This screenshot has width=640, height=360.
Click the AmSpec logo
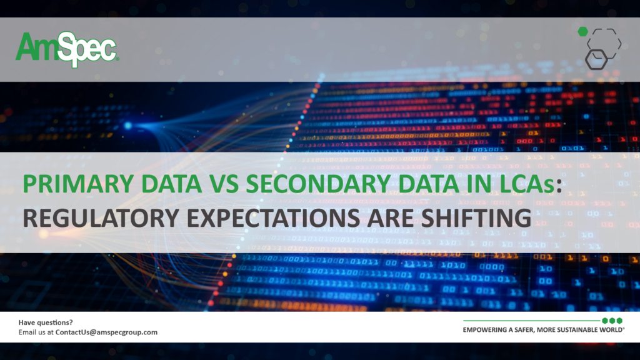pyautogui.click(x=67, y=49)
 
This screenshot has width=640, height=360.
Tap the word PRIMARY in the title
pyautogui.click(x=78, y=184)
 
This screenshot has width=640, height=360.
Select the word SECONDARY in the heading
pyautogui.click(x=318, y=184)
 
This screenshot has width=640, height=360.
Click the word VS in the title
pyautogui.click(x=224, y=184)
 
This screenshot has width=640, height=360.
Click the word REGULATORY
pyautogui.click(x=101, y=217)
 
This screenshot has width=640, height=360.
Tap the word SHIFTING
pyautogui.click(x=476, y=217)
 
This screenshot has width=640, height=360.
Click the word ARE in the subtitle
pyautogui.click(x=390, y=217)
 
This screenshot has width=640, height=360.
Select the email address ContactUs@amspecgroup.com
pyautogui.click(x=106, y=332)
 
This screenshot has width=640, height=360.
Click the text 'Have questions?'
pyautogui.click(x=45, y=322)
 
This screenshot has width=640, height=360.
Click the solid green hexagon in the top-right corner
pyautogui.click(x=583, y=31)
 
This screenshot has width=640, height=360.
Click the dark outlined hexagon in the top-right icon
pyautogui.click(x=596, y=59)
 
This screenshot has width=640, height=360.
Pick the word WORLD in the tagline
pyautogui.click(x=611, y=330)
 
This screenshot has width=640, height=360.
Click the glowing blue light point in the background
pyautogui.click(x=128, y=126)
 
